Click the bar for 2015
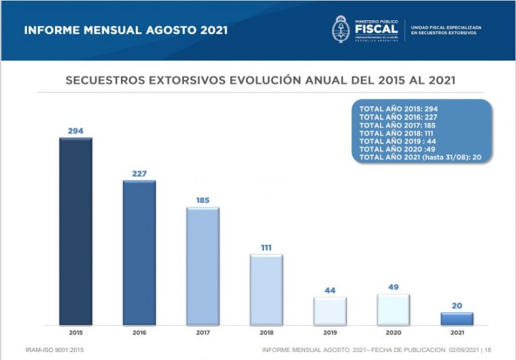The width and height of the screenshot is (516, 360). [75, 232]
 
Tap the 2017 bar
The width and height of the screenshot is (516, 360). [202, 267]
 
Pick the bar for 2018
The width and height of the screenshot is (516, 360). [266, 290]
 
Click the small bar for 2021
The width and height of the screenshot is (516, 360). [457, 319]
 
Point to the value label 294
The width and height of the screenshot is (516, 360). [75, 131]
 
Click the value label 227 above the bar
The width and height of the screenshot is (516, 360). [139, 174]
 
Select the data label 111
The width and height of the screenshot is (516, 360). [266, 248]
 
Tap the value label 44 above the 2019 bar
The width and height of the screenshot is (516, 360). [329, 290]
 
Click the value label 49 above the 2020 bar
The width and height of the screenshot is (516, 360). [393, 287]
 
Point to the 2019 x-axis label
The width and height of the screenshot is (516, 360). [329, 332]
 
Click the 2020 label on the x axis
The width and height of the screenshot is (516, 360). [393, 332]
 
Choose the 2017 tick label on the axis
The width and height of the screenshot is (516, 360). [202, 332]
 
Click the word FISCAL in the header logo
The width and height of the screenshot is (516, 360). [376, 28]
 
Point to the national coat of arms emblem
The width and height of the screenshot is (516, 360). [341, 29]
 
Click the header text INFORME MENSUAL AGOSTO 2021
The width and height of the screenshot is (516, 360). [126, 30]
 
